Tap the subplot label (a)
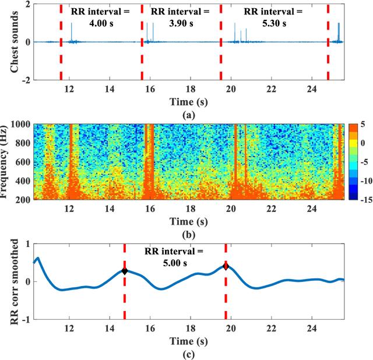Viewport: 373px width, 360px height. pyautogui.click(x=188, y=115)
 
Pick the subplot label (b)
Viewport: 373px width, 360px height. pyautogui.click(x=188, y=234)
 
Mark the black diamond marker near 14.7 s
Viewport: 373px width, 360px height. pyautogui.click(x=124, y=271)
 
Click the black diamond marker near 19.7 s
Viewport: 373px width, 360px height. pyautogui.click(x=226, y=266)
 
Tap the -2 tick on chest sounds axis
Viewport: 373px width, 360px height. pyautogui.click(x=25, y=80)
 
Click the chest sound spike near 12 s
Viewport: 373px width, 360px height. pyautogui.click(x=72, y=32)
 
